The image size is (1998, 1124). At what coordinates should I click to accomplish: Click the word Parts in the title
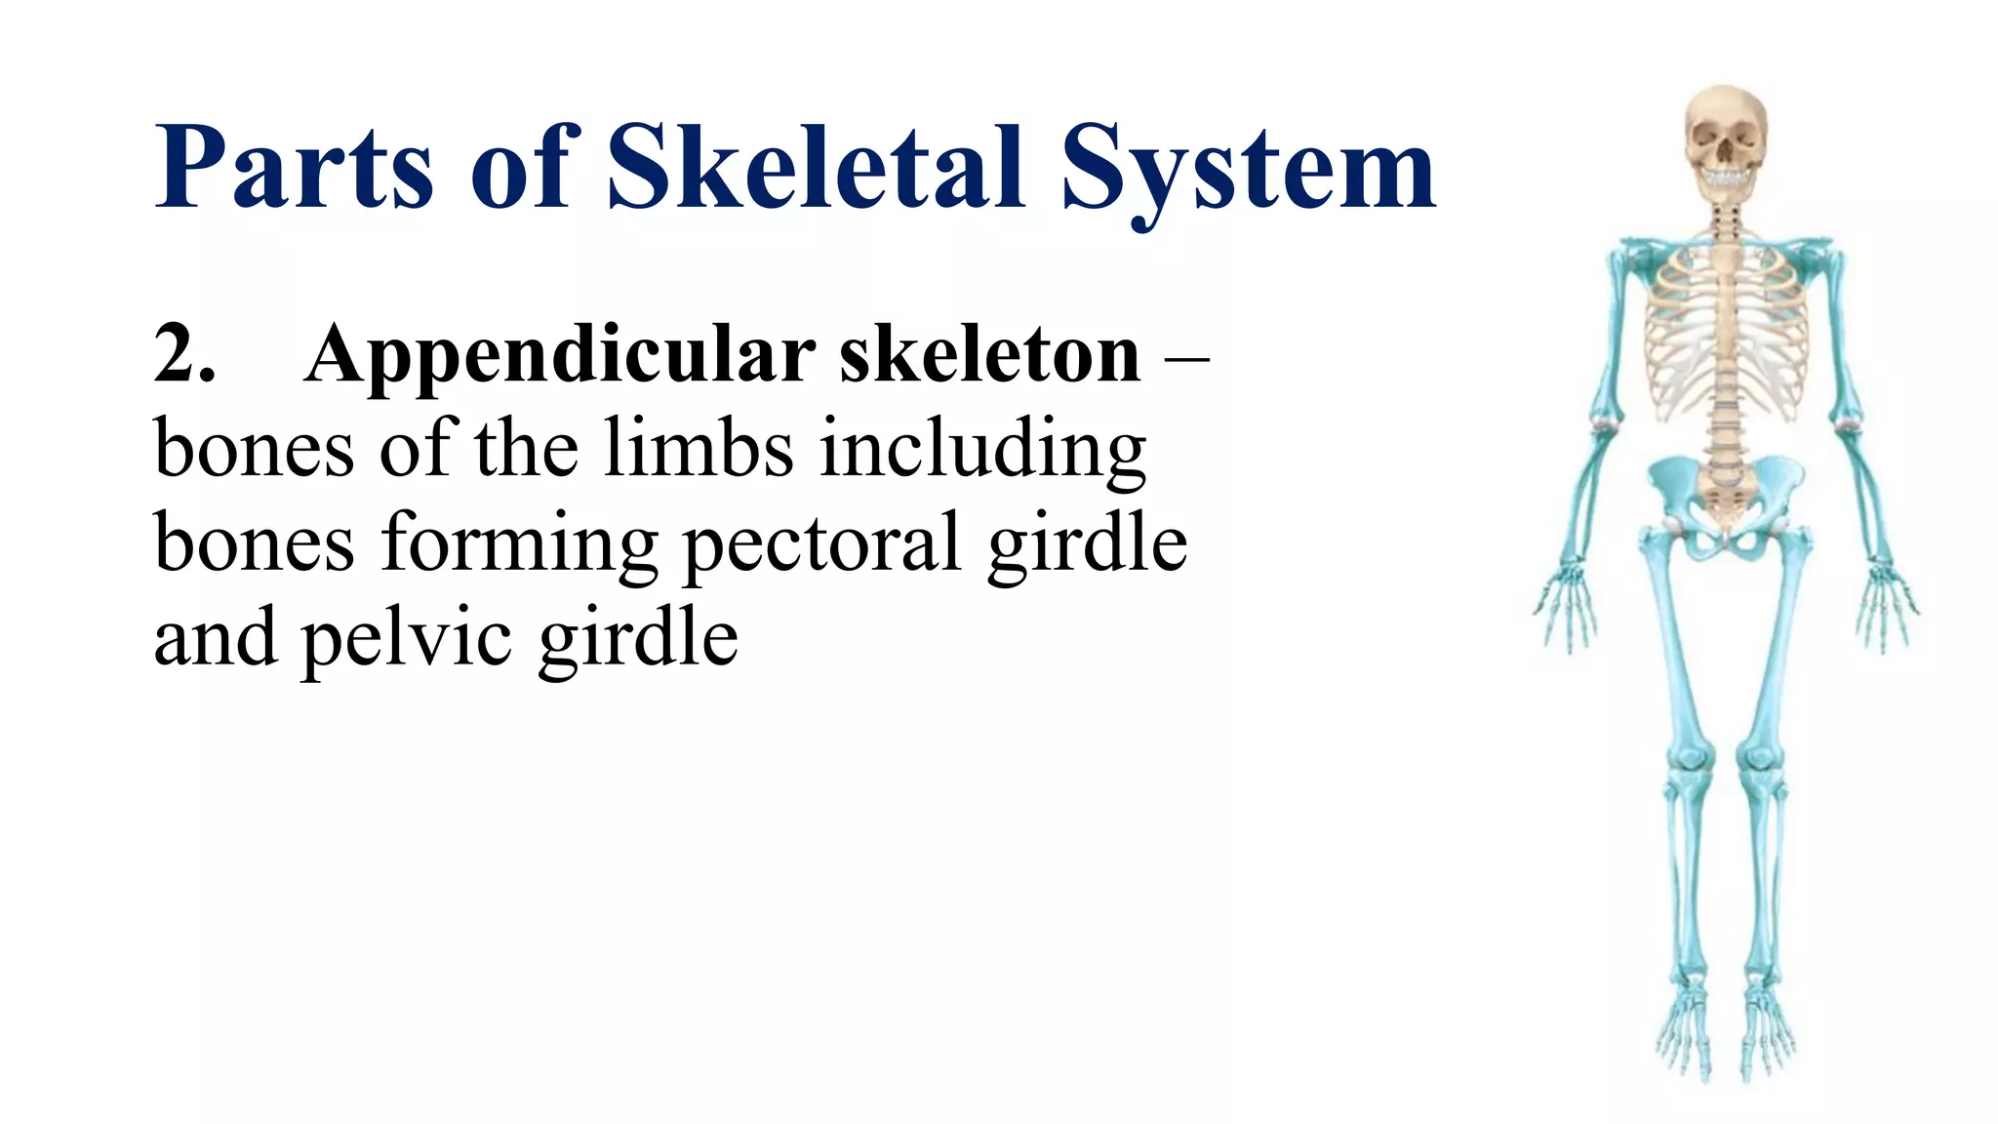[294, 168]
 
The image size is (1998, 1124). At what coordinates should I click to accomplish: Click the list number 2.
[183, 353]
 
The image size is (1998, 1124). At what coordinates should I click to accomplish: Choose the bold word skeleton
[989, 353]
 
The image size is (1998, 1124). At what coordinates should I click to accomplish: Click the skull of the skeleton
[1726, 137]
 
